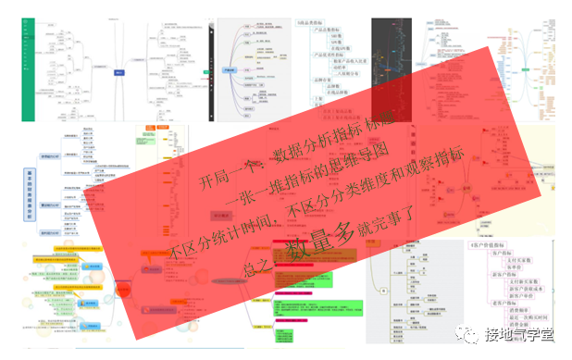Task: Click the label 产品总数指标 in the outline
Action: (x=330, y=32)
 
